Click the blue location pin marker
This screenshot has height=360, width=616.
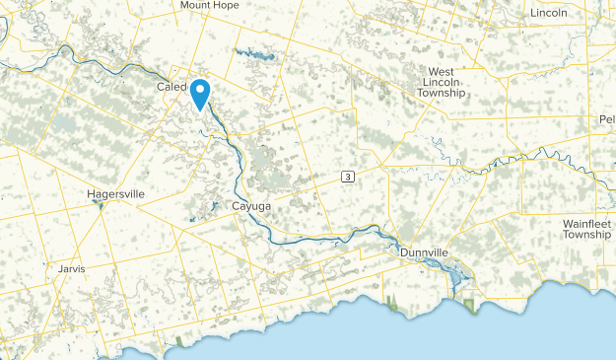(x=200, y=92)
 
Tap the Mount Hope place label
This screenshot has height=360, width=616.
(x=208, y=5)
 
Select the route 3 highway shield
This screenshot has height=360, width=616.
(x=348, y=177)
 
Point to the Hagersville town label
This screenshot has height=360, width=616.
(x=114, y=195)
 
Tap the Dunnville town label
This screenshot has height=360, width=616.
(x=425, y=253)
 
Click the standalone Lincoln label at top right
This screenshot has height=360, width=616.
(x=548, y=13)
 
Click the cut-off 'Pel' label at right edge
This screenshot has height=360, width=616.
(x=606, y=119)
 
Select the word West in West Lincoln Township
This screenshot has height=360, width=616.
(x=441, y=72)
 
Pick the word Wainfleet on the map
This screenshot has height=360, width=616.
(x=587, y=224)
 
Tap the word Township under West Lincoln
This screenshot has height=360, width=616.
(x=441, y=94)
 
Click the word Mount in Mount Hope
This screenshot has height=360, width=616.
(x=195, y=5)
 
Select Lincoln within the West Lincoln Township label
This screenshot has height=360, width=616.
(x=441, y=83)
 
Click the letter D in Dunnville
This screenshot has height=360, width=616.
(x=405, y=253)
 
